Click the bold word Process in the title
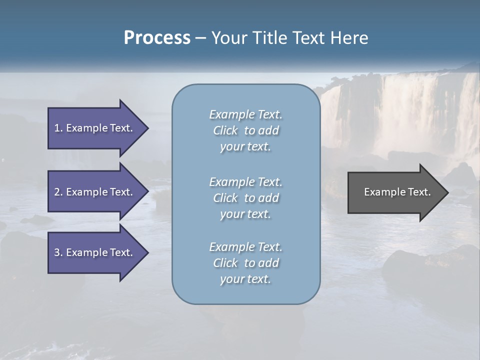click(x=157, y=38)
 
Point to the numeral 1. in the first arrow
click(x=58, y=128)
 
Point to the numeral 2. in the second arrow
click(x=58, y=192)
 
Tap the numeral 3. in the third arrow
click(x=58, y=252)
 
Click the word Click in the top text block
click(x=225, y=130)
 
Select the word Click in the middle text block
click(x=225, y=198)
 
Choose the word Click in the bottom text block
click(x=225, y=263)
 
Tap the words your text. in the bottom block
click(x=245, y=279)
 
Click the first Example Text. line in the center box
click(x=245, y=114)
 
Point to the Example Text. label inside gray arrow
click(x=397, y=192)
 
